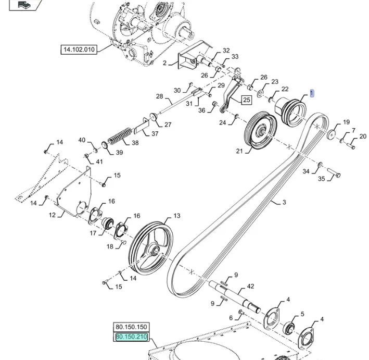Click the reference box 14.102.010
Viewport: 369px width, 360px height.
[79, 49]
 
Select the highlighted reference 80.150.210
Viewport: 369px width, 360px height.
[131, 337]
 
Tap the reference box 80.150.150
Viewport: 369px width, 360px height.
[131, 328]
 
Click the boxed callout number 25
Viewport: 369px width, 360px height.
[246, 100]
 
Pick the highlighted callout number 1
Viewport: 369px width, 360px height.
[312, 93]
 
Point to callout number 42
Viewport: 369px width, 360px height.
[250, 286]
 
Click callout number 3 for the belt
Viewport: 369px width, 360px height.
[284, 202]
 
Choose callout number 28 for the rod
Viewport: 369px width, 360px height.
[159, 96]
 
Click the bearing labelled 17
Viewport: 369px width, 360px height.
[107, 224]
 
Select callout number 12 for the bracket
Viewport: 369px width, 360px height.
[52, 214]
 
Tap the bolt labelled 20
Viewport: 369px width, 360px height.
[351, 146]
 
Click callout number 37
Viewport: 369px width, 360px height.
[155, 133]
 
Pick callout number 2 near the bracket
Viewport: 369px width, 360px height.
[164, 63]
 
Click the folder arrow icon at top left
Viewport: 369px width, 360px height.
[23, 5]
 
